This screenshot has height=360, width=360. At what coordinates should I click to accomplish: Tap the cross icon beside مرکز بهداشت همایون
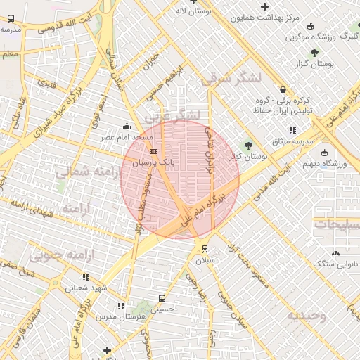pyautogui.click(x=264, y=6)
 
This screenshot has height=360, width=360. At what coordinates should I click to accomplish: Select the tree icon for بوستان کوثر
pyautogui.click(x=247, y=146)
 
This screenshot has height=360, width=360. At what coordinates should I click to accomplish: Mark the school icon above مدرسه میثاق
pyautogui.click(x=292, y=131)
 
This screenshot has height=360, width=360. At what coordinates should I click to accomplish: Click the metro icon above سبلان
pyautogui.click(x=204, y=249)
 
